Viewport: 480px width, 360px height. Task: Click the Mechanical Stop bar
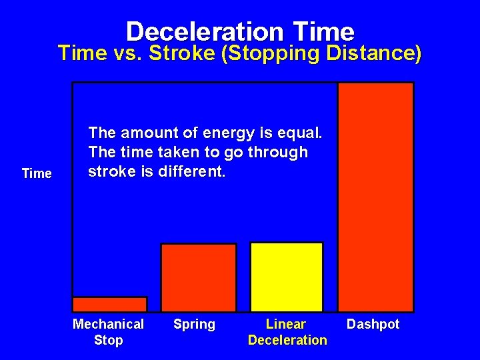tap(109, 304)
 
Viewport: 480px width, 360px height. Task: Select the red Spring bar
tap(199, 277)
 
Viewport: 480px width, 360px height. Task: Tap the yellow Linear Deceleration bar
tap(286, 277)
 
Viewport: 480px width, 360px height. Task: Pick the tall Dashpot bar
tap(375, 197)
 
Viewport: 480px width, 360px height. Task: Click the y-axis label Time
tap(37, 174)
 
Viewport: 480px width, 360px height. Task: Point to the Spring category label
tap(194, 325)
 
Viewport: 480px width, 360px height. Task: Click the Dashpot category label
tap(373, 325)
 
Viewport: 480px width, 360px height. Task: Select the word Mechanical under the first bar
tap(108, 325)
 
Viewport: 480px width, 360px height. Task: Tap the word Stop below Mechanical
tap(108, 341)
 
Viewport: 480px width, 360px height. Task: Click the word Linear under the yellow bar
tap(286, 325)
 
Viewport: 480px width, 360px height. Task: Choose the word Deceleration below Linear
tap(287, 341)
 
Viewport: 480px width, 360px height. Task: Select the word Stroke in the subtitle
tap(185, 53)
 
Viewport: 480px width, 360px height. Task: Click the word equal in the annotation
tap(303, 133)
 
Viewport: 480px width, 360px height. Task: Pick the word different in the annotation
tap(195, 171)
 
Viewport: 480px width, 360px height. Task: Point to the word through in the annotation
tap(283, 153)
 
